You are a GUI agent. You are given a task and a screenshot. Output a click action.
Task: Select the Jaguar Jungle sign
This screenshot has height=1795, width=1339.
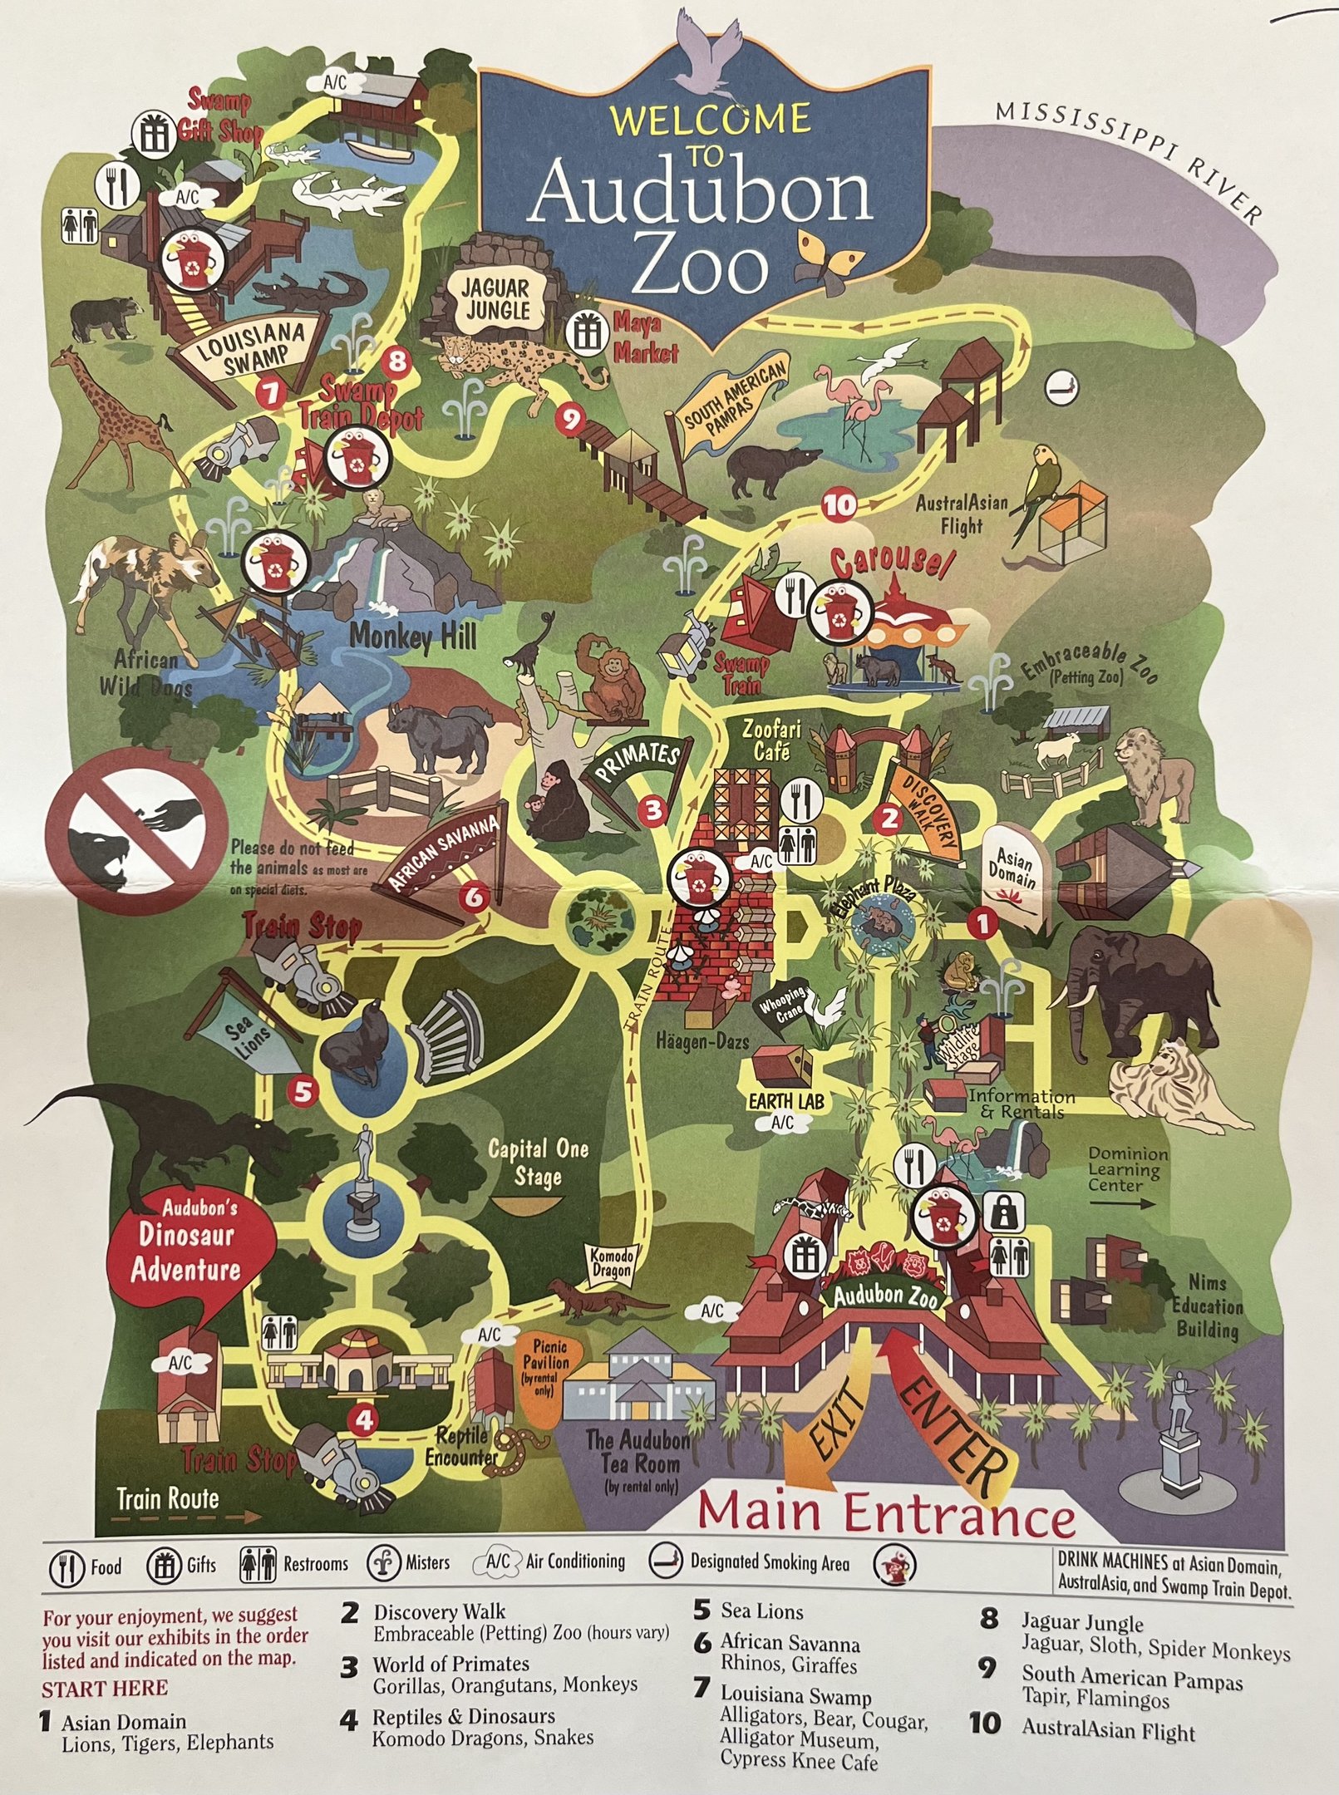pos(496,299)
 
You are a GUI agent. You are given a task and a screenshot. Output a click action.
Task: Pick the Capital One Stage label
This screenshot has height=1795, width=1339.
pos(538,1163)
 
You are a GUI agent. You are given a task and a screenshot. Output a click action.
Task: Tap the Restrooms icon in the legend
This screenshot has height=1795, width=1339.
pos(257,1565)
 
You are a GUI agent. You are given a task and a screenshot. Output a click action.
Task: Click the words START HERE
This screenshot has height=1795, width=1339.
pos(105,1688)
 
